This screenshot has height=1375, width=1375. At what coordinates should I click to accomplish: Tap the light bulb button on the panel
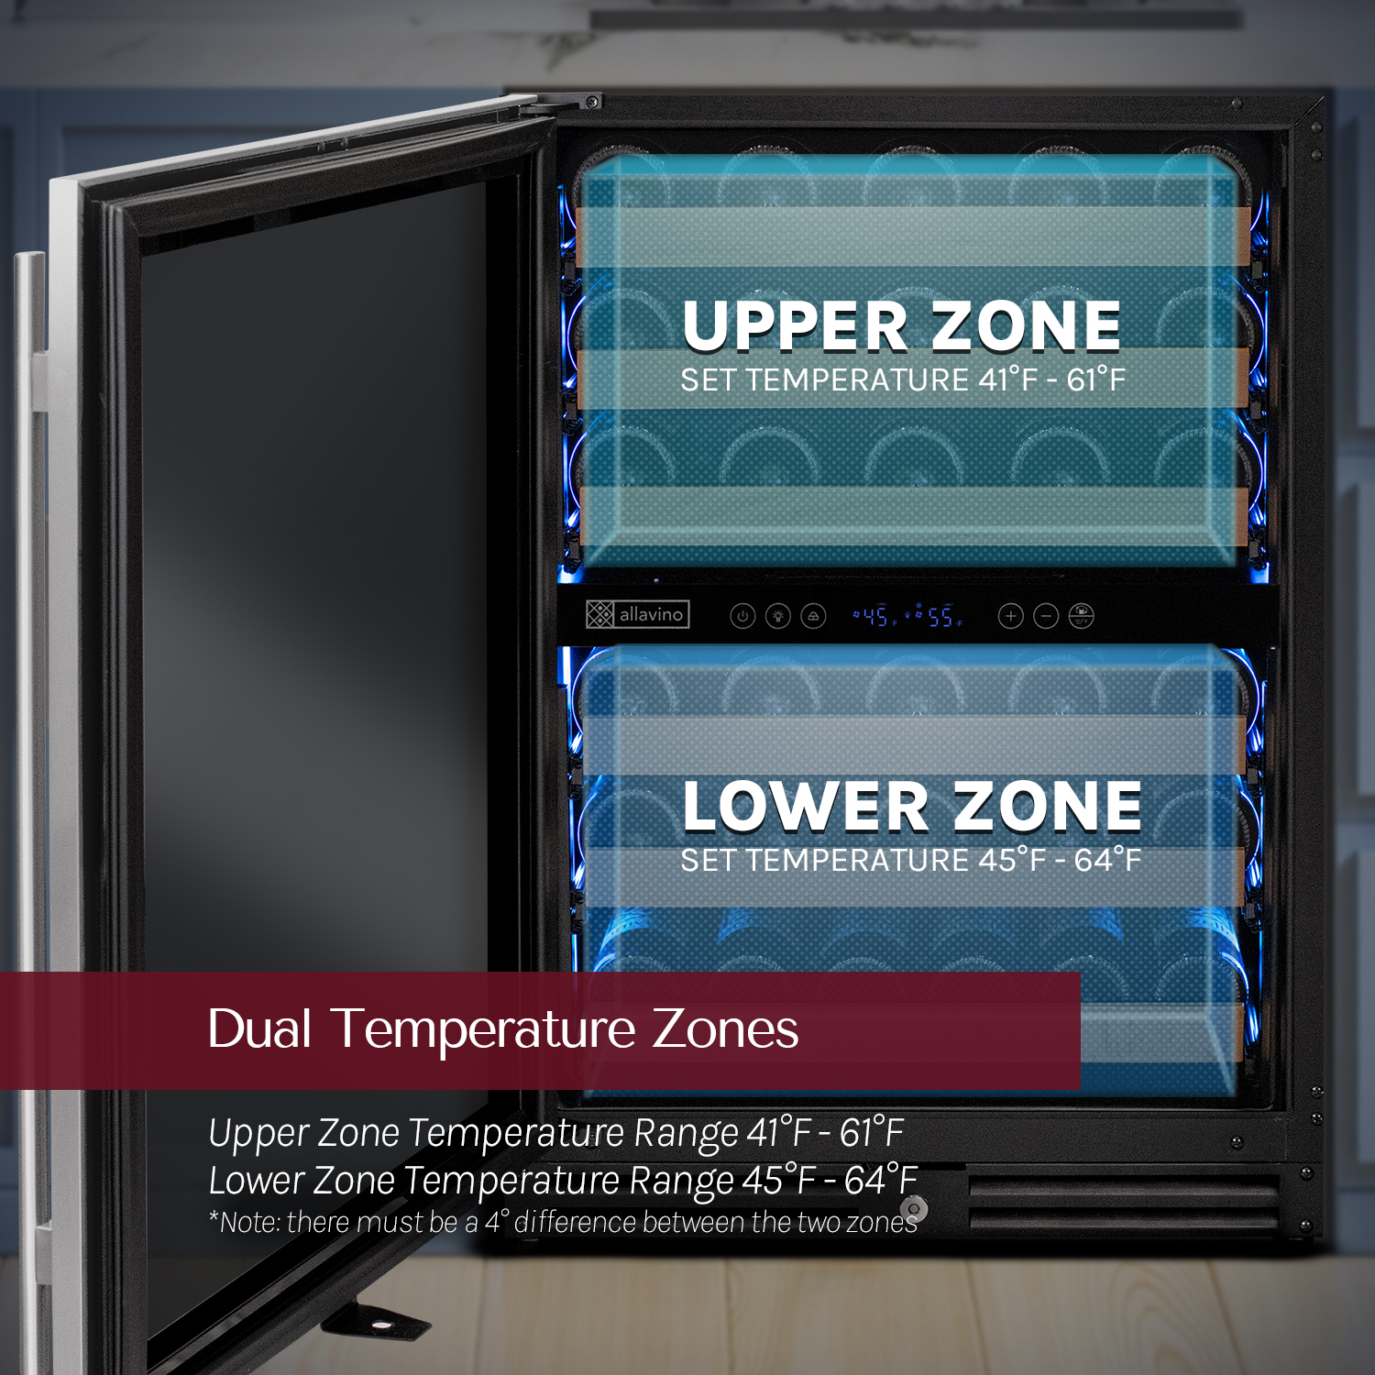click(778, 616)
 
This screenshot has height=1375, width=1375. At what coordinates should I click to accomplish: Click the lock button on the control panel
click(813, 616)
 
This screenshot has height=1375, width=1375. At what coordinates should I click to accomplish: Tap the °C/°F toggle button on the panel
click(1082, 616)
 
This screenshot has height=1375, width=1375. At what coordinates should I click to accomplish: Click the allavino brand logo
click(637, 614)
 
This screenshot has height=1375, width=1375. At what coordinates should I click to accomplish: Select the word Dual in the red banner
click(259, 1028)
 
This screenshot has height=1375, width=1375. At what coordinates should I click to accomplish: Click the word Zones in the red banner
click(725, 1028)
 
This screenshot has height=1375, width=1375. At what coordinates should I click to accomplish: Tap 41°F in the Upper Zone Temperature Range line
click(779, 1133)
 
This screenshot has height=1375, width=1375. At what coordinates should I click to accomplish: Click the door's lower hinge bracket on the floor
click(376, 1321)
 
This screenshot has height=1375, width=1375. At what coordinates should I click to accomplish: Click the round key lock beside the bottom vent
click(914, 1208)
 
